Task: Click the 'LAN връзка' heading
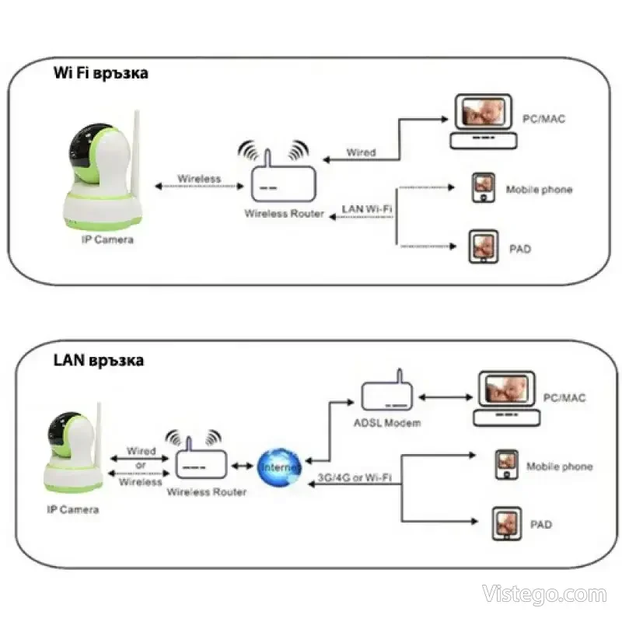[99, 361]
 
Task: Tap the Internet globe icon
[280, 466]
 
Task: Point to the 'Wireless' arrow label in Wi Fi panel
[199, 178]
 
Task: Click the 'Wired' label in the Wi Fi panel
[361, 152]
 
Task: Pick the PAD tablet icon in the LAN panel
[505, 524]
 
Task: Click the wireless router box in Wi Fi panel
[283, 185]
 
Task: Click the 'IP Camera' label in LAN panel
[72, 510]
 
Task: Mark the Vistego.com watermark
[543, 595]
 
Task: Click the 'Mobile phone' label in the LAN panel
[559, 466]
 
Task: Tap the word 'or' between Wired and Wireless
[140, 466]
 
